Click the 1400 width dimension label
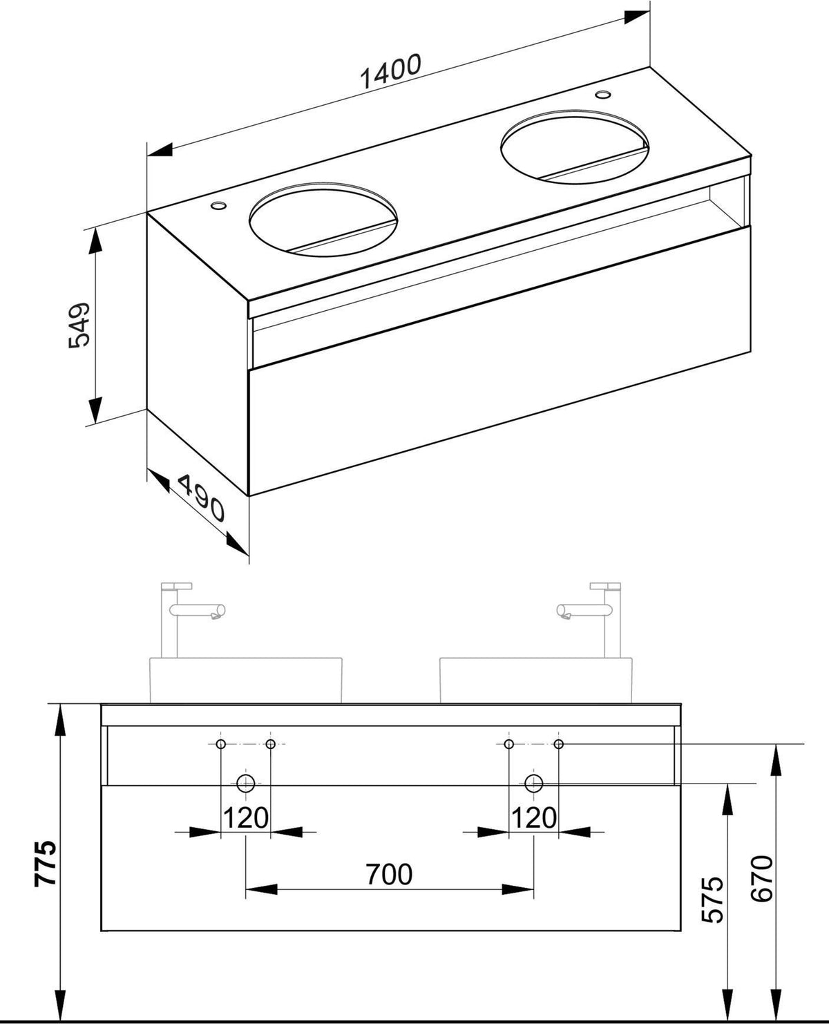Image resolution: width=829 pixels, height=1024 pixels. tap(390, 71)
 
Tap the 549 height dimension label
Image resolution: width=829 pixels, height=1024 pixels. tap(79, 325)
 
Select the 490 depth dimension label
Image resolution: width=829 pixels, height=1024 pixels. tap(201, 498)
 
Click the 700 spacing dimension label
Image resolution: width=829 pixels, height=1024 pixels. tap(389, 874)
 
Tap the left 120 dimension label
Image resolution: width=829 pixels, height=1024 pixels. tap(246, 818)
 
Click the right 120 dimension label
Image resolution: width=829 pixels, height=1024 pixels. tap(534, 818)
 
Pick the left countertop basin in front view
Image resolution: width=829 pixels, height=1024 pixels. tap(246, 681)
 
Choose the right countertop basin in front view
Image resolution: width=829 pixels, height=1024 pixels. tap(536, 681)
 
